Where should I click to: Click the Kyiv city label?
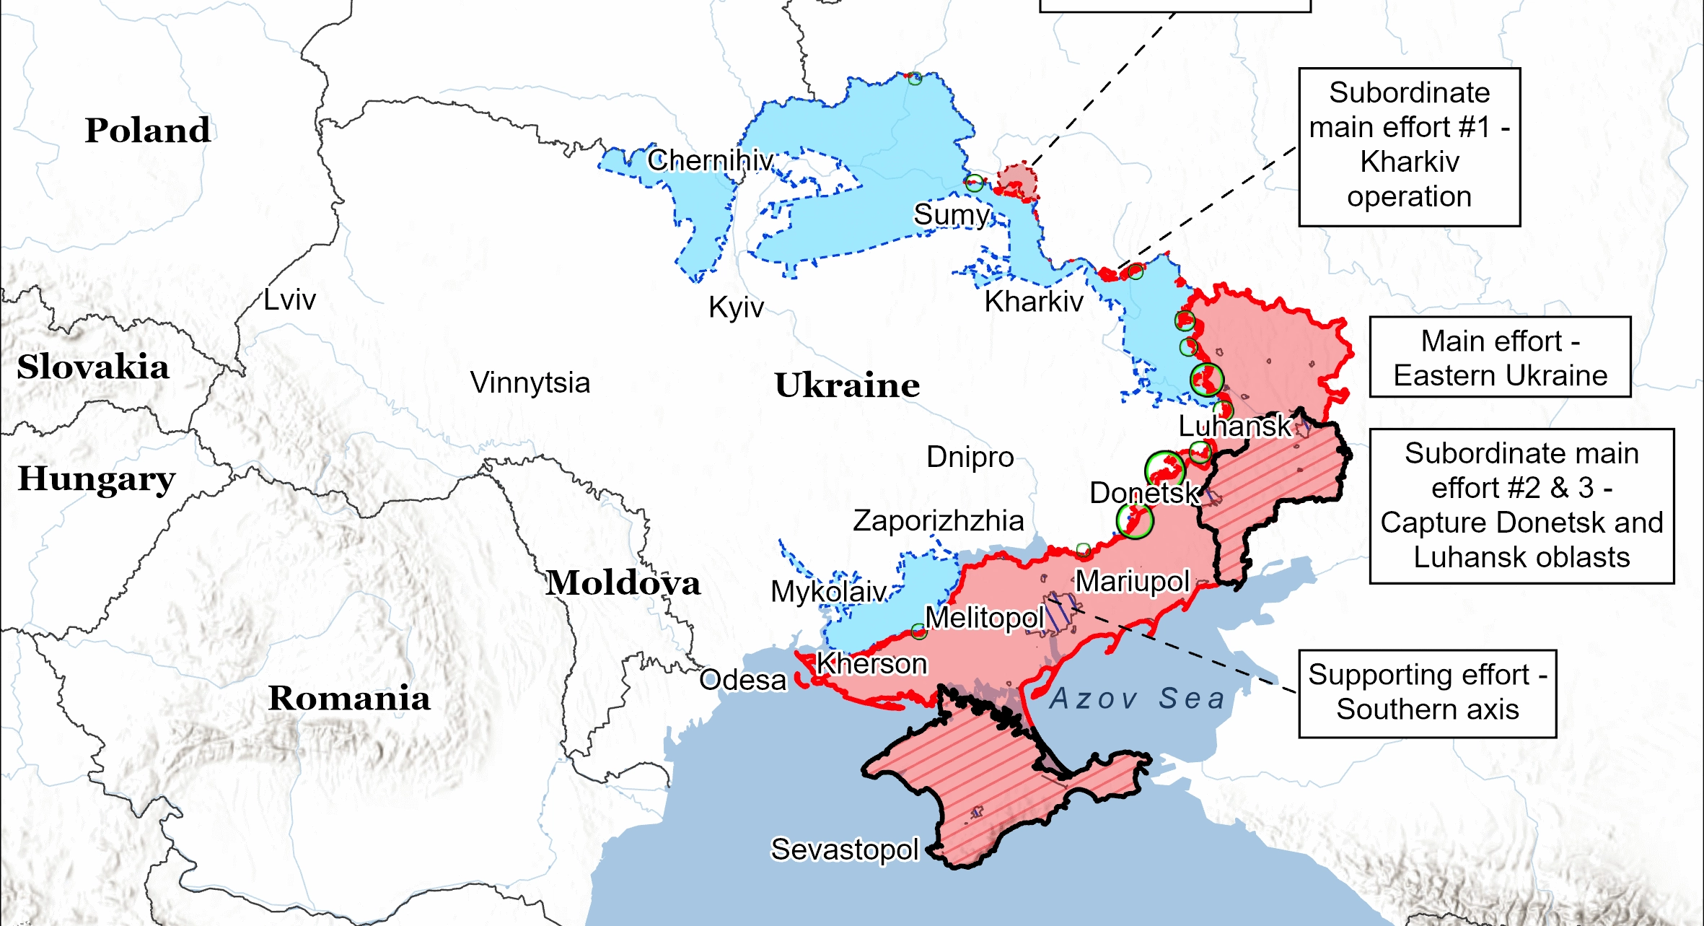click(736, 307)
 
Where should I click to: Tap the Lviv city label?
click(289, 300)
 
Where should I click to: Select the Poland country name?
click(148, 131)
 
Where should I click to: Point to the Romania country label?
click(349, 698)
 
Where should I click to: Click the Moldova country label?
click(623, 582)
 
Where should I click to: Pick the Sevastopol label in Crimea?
click(845, 849)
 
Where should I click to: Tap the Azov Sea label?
click(1138, 699)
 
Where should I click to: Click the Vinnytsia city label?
click(530, 383)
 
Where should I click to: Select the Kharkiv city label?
click(1034, 302)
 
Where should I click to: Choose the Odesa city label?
click(742, 680)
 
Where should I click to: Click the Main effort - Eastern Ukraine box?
click(1500, 357)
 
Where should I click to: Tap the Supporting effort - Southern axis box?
click(1427, 693)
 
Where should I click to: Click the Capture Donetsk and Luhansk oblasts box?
click(1521, 506)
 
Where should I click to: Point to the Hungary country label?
click(97, 479)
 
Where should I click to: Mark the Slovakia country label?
click(93, 367)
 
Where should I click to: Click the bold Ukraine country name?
click(847, 385)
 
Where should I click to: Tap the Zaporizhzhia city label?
click(938, 520)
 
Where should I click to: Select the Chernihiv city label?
click(710, 160)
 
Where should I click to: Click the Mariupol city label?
click(1132, 581)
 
